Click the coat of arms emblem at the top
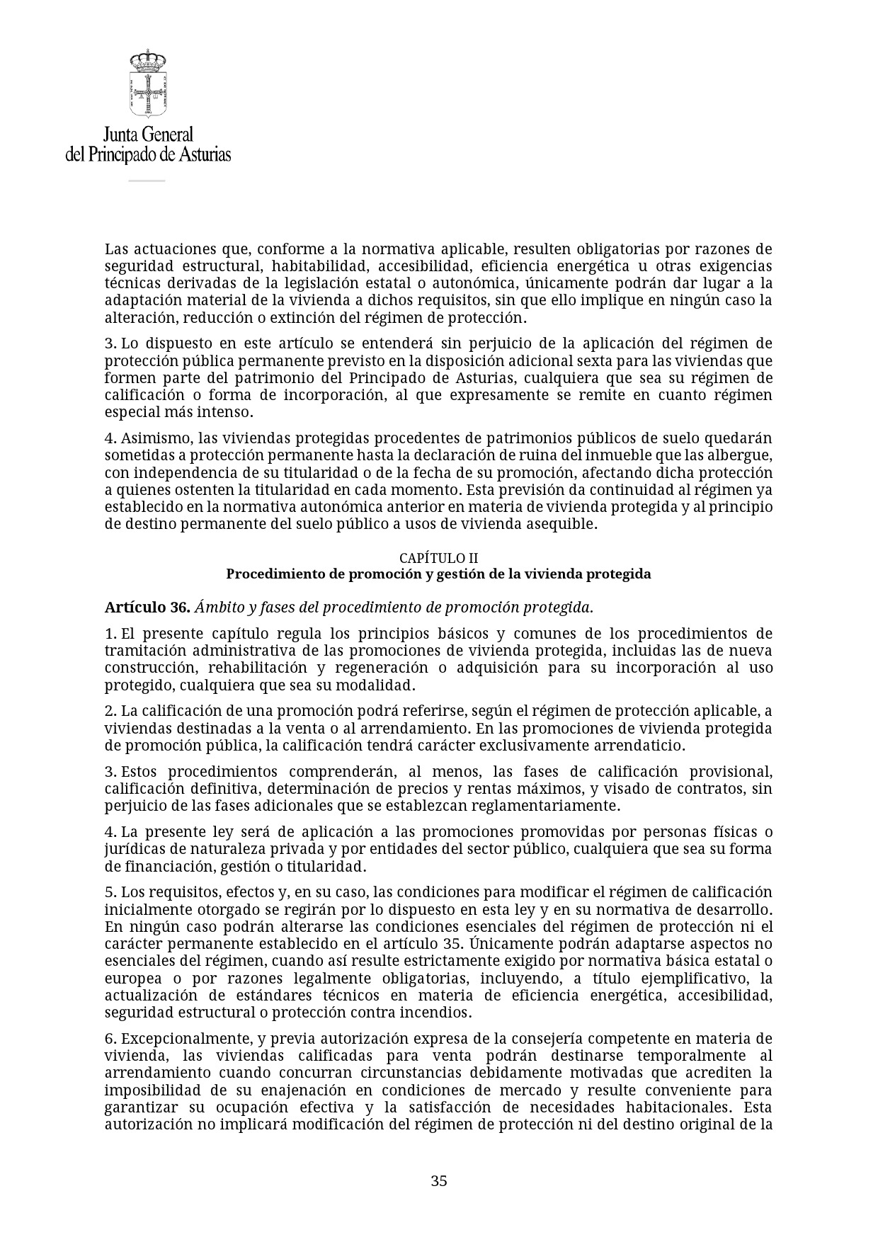[x=148, y=84]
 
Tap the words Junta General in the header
[x=148, y=134]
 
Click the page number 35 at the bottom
[x=439, y=1180]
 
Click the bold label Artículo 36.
[x=147, y=608]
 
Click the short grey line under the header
[x=147, y=181]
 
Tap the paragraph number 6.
[x=109, y=1039]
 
